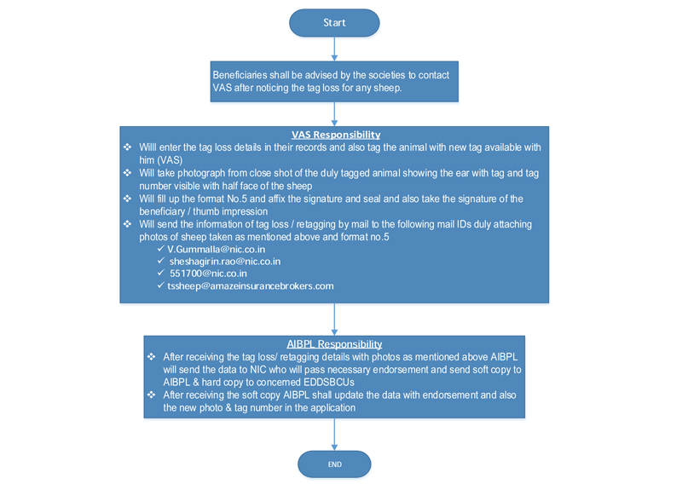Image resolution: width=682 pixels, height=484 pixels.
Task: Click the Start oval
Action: [x=334, y=23]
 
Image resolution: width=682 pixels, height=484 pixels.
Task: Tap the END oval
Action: [x=334, y=464]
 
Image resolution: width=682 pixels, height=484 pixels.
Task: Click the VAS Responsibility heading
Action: [x=336, y=135]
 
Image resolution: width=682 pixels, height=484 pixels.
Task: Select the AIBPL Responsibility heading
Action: [x=334, y=344]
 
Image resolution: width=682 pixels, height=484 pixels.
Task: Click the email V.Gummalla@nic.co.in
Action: [x=217, y=249]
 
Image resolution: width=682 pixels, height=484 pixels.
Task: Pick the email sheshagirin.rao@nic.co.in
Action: [x=225, y=262]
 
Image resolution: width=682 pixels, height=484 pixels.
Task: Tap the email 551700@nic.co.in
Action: [x=208, y=274]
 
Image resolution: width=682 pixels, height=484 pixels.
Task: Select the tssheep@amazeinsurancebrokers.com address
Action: [x=251, y=286]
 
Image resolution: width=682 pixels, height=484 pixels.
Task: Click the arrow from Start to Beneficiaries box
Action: [x=334, y=49]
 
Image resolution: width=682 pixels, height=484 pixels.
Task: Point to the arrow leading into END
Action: [x=334, y=435]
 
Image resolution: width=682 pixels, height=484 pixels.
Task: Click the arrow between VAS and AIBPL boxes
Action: [x=334, y=320]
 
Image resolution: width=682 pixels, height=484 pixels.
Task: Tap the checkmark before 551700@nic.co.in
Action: [x=161, y=273]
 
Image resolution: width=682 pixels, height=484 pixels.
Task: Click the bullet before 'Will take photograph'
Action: [x=127, y=173]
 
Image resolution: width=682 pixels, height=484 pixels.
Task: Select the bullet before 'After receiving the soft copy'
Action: [x=151, y=395]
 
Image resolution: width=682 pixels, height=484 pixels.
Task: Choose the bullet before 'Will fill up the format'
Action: [x=127, y=199]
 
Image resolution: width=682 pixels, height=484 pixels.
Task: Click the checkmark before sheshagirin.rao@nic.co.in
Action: [x=161, y=261]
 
